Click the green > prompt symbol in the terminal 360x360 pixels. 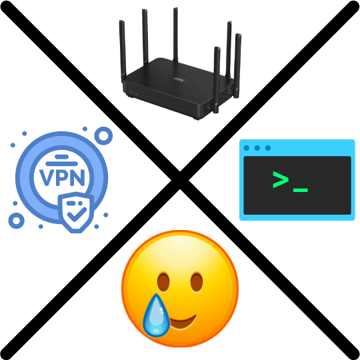tap(281, 179)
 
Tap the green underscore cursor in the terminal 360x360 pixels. tap(300, 190)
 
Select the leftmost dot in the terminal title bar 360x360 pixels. tap(247, 148)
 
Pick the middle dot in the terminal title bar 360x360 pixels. tap(257, 148)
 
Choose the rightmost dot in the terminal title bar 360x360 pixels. tap(268, 148)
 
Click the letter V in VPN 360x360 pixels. tap(47, 177)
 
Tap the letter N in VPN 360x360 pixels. tap(77, 177)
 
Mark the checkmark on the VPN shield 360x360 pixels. tap(77, 214)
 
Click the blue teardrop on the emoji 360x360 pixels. tap(156, 316)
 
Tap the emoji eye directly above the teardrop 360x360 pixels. tap(163, 282)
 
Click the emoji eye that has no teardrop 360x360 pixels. tap(197, 282)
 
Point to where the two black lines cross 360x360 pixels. tap(180, 180)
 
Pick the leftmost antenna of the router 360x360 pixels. tap(123, 51)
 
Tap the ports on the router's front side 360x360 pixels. tap(134, 94)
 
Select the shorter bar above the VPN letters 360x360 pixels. tap(62, 157)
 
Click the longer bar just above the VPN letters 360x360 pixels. tap(62, 164)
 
